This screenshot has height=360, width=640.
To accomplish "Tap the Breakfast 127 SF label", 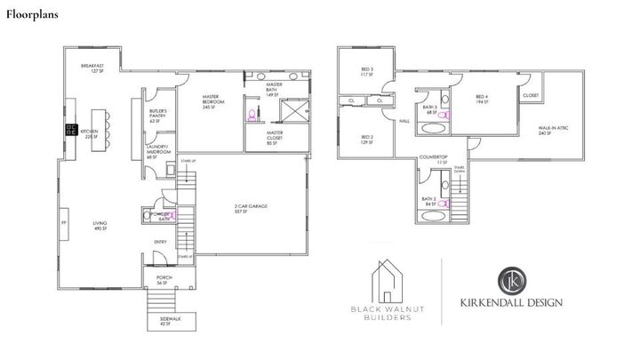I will [x=93, y=68].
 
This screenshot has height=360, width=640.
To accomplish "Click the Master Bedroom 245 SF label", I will [x=211, y=100].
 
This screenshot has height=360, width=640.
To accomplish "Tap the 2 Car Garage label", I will [x=252, y=209].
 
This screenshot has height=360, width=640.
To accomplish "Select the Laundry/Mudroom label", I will [x=158, y=151].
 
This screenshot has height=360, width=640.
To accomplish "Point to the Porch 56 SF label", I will [x=164, y=280].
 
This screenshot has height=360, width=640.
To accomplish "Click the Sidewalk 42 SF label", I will [x=164, y=320].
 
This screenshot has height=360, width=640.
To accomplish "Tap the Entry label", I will [x=160, y=241].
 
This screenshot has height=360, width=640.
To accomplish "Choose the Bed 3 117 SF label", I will [x=366, y=71].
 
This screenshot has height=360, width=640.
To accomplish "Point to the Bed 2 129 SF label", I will [x=366, y=139].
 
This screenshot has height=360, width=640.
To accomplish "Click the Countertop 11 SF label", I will [x=432, y=160].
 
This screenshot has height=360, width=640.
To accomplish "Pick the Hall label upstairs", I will [x=404, y=121].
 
